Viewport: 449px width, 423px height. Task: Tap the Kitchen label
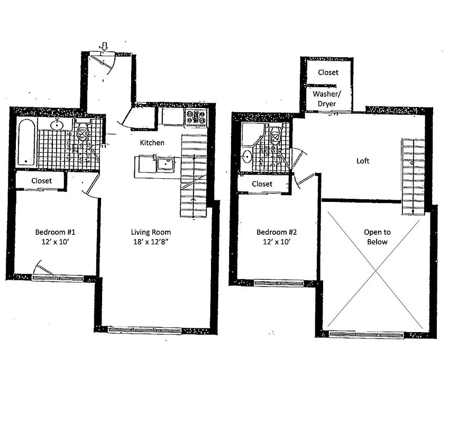(x=152, y=143)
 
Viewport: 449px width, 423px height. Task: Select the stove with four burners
(x=196, y=117)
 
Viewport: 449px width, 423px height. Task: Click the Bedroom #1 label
(x=58, y=232)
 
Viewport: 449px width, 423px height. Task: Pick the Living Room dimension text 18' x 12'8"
(x=151, y=242)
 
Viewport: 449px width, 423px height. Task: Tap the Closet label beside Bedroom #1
(x=41, y=181)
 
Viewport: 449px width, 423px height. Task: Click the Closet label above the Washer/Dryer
(x=328, y=72)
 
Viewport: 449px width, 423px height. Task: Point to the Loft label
(x=363, y=161)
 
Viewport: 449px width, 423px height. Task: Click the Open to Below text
(x=377, y=237)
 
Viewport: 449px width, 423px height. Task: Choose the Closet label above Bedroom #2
(x=262, y=184)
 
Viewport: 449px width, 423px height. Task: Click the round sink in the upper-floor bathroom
(x=248, y=157)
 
